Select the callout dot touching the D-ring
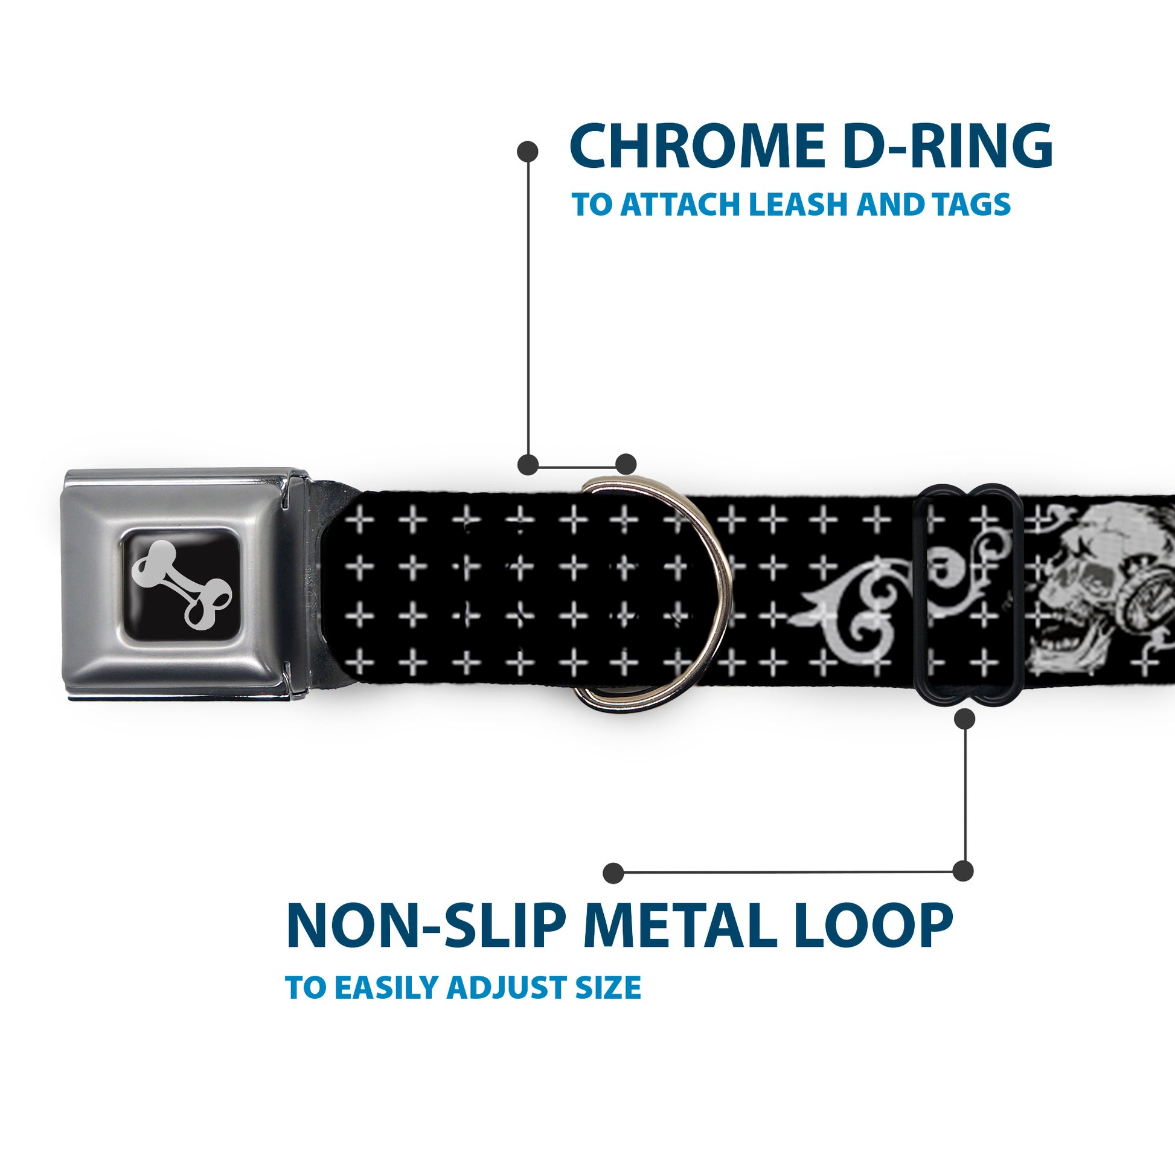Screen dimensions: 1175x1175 [x=626, y=464]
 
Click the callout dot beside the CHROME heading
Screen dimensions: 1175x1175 [x=527, y=152]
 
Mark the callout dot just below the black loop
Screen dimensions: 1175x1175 [x=964, y=719]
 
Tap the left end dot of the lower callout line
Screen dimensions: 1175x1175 [x=613, y=872]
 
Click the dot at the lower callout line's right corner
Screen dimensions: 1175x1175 [x=962, y=871]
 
